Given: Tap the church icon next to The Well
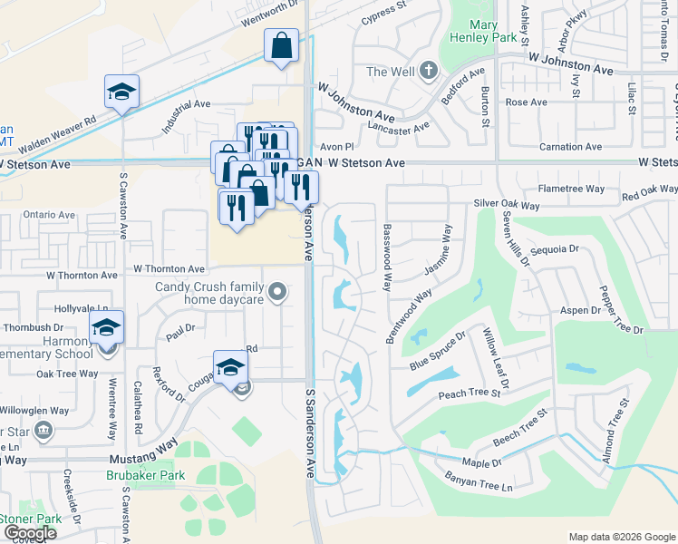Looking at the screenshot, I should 429,72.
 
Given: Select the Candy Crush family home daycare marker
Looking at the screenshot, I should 278,292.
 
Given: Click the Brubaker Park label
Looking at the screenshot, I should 145,475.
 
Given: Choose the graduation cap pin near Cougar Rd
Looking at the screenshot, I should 230,367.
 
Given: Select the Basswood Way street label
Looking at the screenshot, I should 387,257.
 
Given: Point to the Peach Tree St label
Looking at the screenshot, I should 470,393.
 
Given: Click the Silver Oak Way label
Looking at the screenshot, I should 507,206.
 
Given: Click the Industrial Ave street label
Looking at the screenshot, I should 187,117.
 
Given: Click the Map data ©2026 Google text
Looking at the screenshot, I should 621,537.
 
